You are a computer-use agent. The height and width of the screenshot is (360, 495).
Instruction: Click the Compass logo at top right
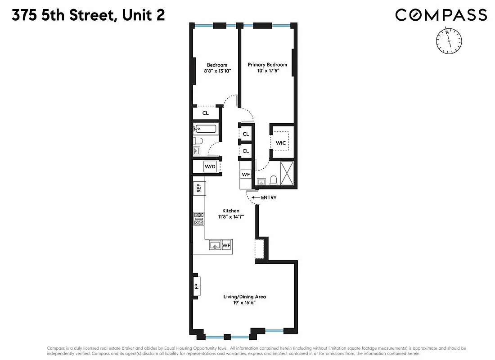click(441, 15)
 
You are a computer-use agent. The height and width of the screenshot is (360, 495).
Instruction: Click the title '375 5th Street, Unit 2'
click(88, 15)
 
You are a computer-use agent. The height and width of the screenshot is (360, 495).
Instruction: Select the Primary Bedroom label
click(267, 65)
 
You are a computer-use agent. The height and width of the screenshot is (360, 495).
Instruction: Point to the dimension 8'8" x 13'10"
click(217, 71)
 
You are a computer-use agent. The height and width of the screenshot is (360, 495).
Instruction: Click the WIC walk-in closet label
click(281, 143)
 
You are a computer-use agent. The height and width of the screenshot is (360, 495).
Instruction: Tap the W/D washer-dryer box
click(210, 166)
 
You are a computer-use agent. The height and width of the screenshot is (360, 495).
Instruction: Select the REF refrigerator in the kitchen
click(198, 188)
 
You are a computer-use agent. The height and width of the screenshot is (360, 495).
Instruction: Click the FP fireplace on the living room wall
click(197, 286)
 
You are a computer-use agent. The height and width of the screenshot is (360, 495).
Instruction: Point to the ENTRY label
click(268, 198)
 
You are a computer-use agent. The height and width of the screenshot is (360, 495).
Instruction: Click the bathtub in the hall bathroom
click(205, 129)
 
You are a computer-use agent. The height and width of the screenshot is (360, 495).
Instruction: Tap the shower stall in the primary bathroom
click(287, 173)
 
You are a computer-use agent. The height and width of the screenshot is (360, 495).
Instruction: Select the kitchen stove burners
click(198, 219)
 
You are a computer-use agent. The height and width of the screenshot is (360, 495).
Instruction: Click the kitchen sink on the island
click(215, 245)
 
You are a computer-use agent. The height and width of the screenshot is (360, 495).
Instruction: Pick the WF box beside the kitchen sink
click(226, 245)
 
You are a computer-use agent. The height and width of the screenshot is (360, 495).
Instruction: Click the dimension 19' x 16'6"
click(245, 303)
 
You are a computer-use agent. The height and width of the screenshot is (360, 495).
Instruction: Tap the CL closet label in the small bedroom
click(205, 113)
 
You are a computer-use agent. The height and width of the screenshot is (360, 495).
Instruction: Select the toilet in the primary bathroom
click(273, 181)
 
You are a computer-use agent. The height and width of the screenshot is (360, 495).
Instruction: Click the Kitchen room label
click(231, 211)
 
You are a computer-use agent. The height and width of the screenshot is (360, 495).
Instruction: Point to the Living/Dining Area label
click(245, 297)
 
